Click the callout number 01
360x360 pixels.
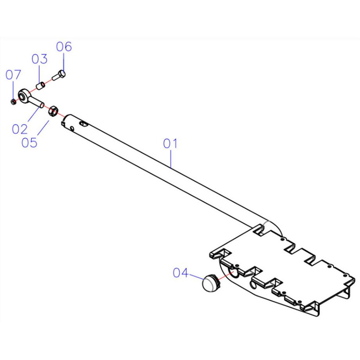[x=170, y=144]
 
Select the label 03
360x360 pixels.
[x=39, y=59]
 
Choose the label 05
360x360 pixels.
[x=29, y=142]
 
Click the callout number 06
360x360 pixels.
[x=64, y=47]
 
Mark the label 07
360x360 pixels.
[x=13, y=74]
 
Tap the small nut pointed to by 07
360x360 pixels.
[x=13, y=101]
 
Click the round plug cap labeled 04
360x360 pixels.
[x=211, y=283]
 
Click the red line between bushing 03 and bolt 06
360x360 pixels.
[x=49, y=81]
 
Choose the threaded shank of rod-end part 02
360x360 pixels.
[x=38, y=103]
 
